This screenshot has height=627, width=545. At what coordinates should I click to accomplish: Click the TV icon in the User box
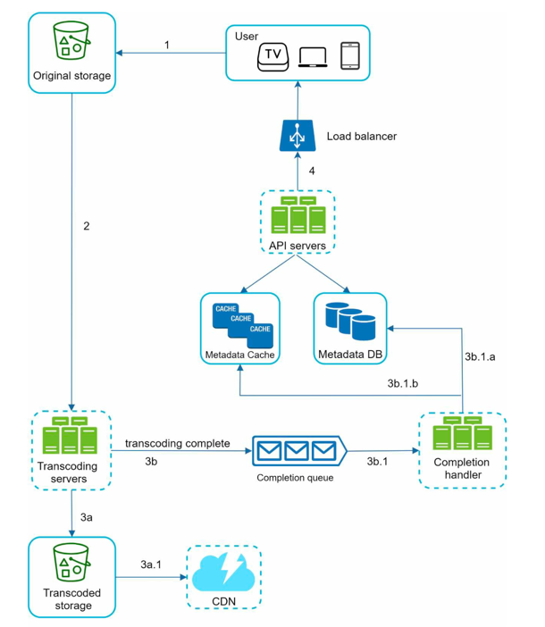[x=272, y=57]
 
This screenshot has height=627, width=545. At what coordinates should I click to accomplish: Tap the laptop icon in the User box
[x=313, y=57]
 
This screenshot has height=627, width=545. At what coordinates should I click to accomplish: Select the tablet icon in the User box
[x=350, y=56]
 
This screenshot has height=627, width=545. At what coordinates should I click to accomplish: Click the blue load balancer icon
[x=298, y=136]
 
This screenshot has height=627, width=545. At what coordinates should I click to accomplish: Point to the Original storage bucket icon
[x=71, y=40]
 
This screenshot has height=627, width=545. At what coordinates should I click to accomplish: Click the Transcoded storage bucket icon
[x=71, y=562]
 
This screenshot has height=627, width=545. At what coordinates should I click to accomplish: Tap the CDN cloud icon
[x=223, y=573]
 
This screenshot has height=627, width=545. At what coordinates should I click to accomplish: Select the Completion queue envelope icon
[x=299, y=451]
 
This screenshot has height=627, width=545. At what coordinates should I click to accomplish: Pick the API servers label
[x=298, y=246]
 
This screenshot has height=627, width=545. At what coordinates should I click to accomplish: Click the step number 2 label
[x=87, y=226]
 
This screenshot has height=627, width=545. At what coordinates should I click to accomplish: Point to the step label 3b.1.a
[x=480, y=356]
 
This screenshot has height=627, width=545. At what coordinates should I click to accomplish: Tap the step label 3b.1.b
[x=403, y=383]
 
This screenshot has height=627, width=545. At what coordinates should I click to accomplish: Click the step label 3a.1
[x=151, y=564]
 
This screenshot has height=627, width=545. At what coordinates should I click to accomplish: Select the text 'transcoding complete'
[x=178, y=444]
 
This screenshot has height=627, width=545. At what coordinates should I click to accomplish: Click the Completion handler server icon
[x=463, y=433]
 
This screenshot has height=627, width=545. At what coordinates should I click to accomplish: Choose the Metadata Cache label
[x=240, y=355]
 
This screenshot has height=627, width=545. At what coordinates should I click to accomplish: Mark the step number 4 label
[x=312, y=171]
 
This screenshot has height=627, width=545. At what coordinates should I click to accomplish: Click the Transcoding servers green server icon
[x=70, y=435]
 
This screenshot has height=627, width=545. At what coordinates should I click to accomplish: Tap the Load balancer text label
[x=362, y=137]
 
